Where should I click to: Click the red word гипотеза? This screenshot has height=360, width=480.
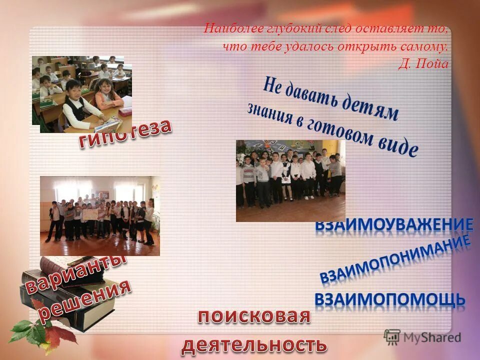point(125,134)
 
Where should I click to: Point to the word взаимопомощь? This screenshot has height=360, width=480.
point(390,299)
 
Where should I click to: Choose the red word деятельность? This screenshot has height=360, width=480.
point(254,344)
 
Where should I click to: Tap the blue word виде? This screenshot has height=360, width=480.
point(397,145)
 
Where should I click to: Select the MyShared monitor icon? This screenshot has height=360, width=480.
point(392,337)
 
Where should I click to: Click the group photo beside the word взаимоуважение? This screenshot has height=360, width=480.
point(290,180)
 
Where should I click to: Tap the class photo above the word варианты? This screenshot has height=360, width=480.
point(100,215)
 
